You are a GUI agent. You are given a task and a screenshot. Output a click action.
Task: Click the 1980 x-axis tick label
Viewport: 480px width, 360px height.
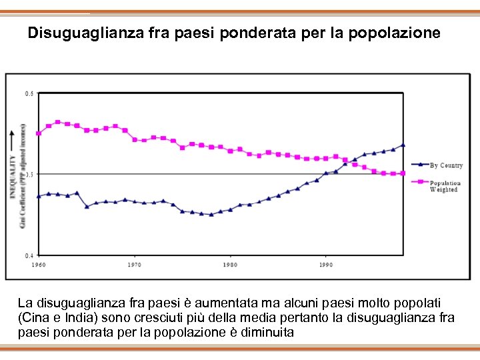(229, 265)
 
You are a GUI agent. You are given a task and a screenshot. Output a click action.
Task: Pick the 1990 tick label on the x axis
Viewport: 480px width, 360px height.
(325, 265)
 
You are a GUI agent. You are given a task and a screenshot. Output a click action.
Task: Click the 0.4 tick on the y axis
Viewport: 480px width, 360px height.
(29, 255)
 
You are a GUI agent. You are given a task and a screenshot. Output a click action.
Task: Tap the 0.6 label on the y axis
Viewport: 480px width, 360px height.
(29, 93)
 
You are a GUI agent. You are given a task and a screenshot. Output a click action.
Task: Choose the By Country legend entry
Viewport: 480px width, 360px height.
(445, 165)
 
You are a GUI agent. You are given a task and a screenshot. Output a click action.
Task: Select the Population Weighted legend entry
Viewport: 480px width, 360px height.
(445, 186)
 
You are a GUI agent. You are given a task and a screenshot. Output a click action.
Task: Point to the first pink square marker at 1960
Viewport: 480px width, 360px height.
(39, 133)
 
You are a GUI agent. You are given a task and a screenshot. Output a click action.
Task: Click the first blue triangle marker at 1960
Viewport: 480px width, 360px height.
(39, 196)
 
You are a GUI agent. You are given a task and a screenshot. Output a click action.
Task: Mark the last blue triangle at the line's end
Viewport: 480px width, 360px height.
(403, 145)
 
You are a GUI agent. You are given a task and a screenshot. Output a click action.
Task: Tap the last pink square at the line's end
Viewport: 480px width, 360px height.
(403, 173)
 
